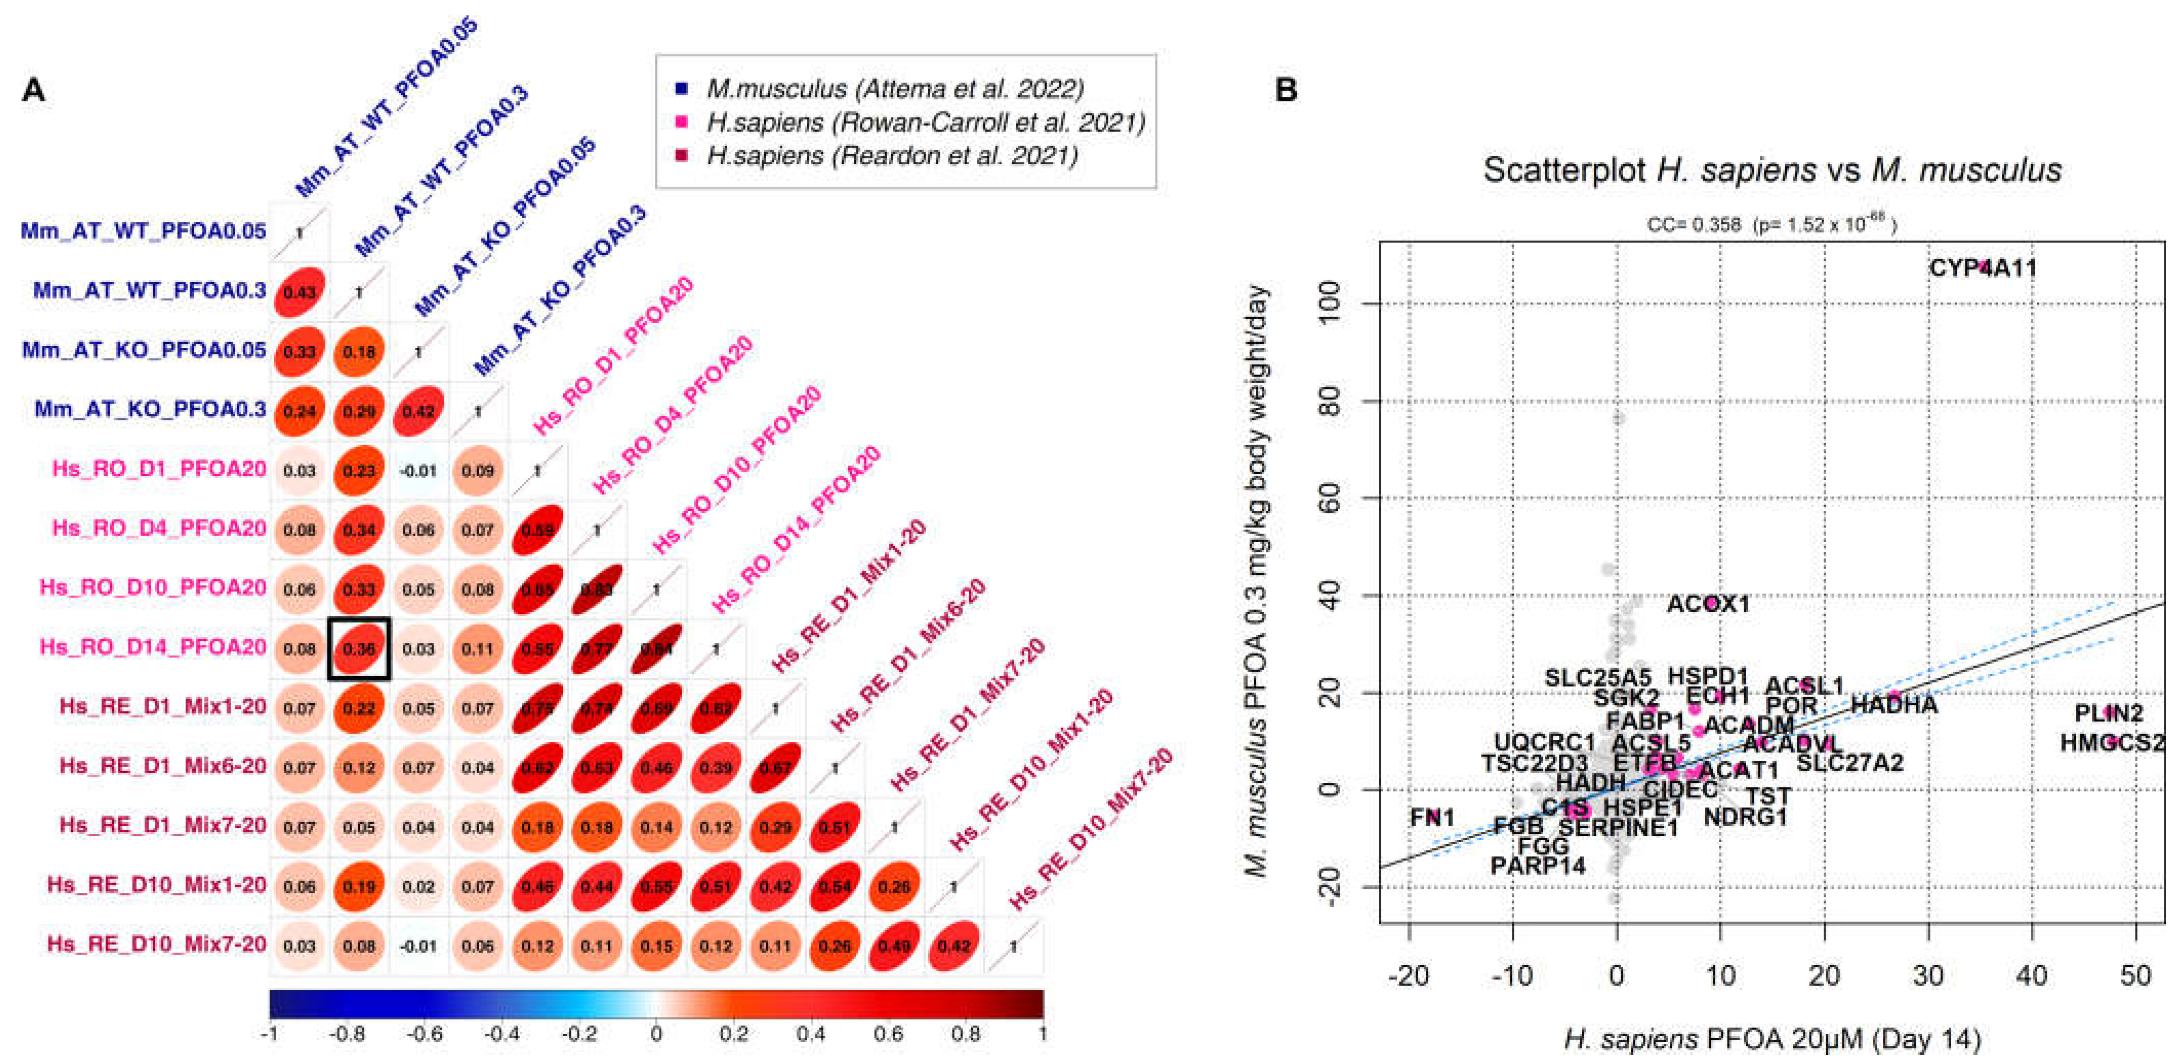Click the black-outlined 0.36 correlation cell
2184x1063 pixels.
pos(359,649)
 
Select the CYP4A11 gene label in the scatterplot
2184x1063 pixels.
pos(1982,269)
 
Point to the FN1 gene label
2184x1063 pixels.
pos(1432,817)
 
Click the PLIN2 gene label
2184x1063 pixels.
pos(2109,714)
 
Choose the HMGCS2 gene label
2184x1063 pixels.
pos(2112,743)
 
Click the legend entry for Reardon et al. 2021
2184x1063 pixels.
pos(892,156)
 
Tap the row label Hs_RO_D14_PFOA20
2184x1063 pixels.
pos(153,647)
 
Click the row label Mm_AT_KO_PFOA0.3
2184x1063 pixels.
pos(150,409)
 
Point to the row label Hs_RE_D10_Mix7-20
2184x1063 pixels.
pos(157,944)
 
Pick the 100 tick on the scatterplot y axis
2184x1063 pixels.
pos(1331,303)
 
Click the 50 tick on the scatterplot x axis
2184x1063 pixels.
pos(2135,976)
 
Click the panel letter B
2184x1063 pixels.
pos(1286,90)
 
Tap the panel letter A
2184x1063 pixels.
pos(33,90)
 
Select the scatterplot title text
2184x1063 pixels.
pos(1772,171)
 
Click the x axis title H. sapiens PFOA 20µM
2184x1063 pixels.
pos(1772,1039)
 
